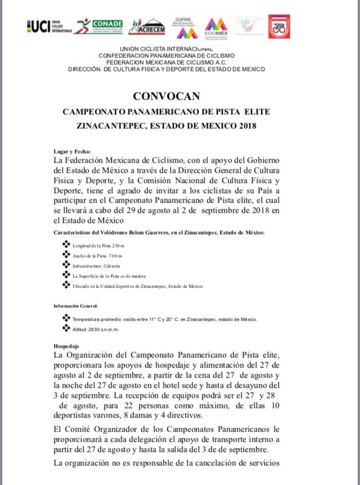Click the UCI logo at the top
[x=48, y=26]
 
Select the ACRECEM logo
[x=146, y=26]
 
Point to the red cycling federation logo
[x=279, y=26]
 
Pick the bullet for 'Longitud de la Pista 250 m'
[x=66, y=245]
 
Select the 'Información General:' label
[x=76, y=306]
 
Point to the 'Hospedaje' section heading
[x=66, y=347]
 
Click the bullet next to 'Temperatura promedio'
[x=66, y=318]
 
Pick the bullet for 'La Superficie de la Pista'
[x=66, y=275]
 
